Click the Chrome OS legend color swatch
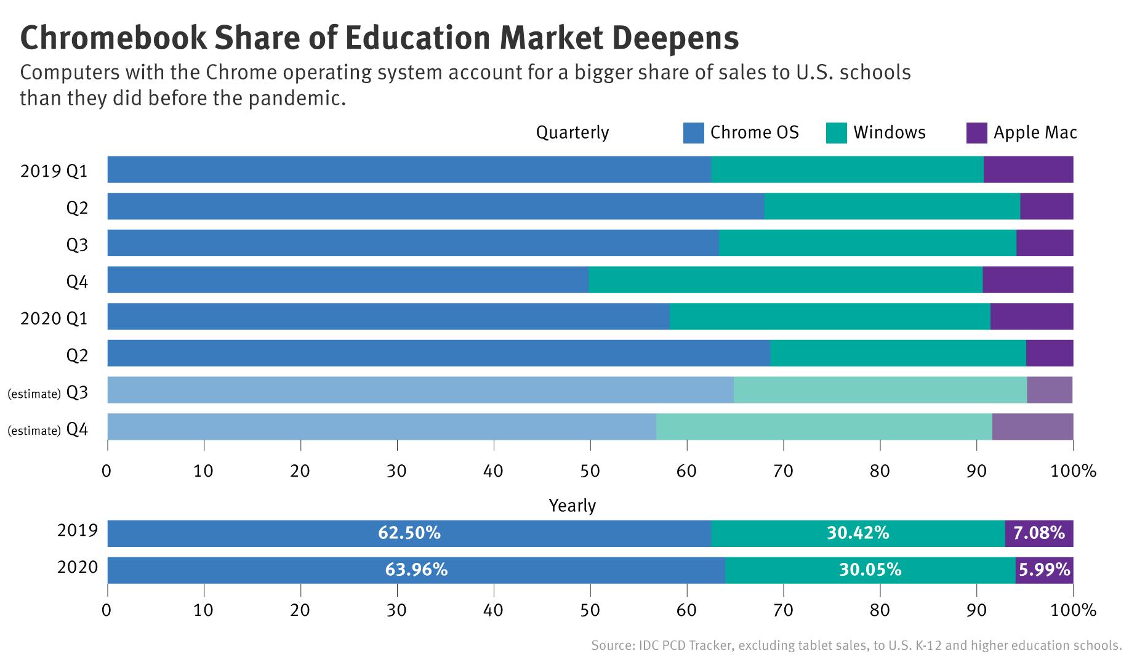click(x=693, y=133)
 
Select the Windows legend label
click(x=889, y=132)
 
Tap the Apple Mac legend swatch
click(x=977, y=133)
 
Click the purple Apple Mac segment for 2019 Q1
click(x=1028, y=169)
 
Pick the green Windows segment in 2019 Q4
click(x=785, y=280)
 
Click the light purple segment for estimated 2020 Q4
click(x=1032, y=426)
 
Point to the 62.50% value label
click(x=409, y=533)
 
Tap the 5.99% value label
click(x=1044, y=570)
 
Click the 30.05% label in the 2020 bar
click(x=870, y=570)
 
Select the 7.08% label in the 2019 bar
click(x=1039, y=533)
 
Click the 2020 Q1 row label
click(x=54, y=318)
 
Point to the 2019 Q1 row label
click(x=54, y=171)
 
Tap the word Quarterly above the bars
click(x=572, y=132)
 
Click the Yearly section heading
click(x=572, y=506)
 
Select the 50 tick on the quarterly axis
click(x=590, y=471)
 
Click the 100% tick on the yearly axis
click(x=1072, y=610)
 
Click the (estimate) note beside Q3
click(x=33, y=394)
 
